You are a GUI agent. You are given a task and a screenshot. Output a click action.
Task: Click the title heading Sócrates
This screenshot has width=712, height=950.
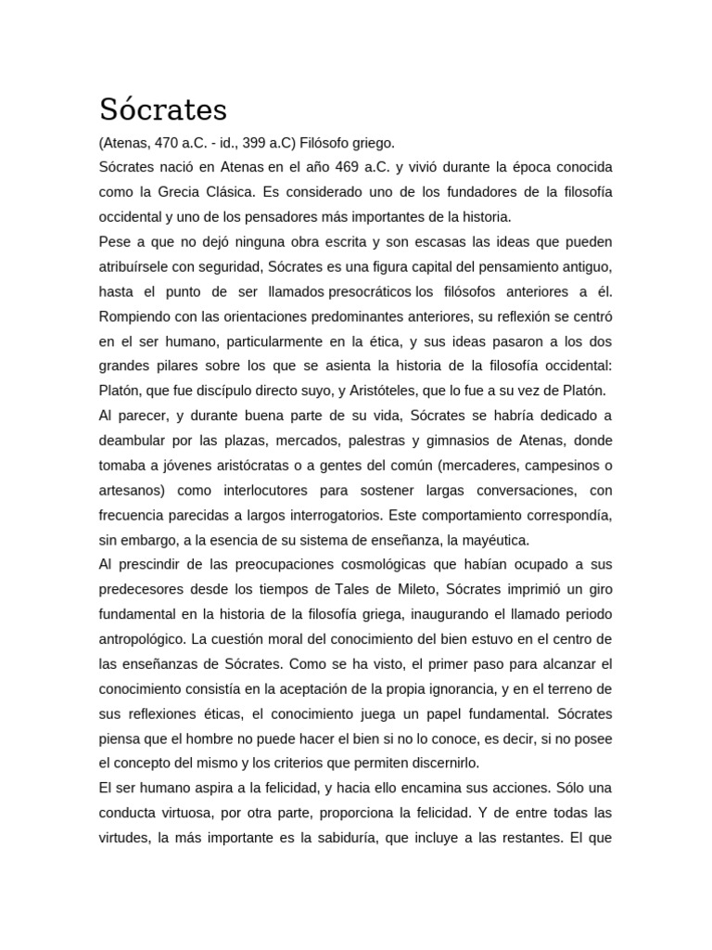tap(163, 109)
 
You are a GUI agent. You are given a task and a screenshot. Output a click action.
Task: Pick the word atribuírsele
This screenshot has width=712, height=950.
tap(133, 266)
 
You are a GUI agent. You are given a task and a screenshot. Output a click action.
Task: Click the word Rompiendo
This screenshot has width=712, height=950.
tap(135, 315)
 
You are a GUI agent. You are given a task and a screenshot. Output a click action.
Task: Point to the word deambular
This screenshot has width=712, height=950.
tap(133, 440)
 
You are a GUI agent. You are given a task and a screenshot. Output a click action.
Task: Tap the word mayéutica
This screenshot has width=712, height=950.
tap(496, 539)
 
